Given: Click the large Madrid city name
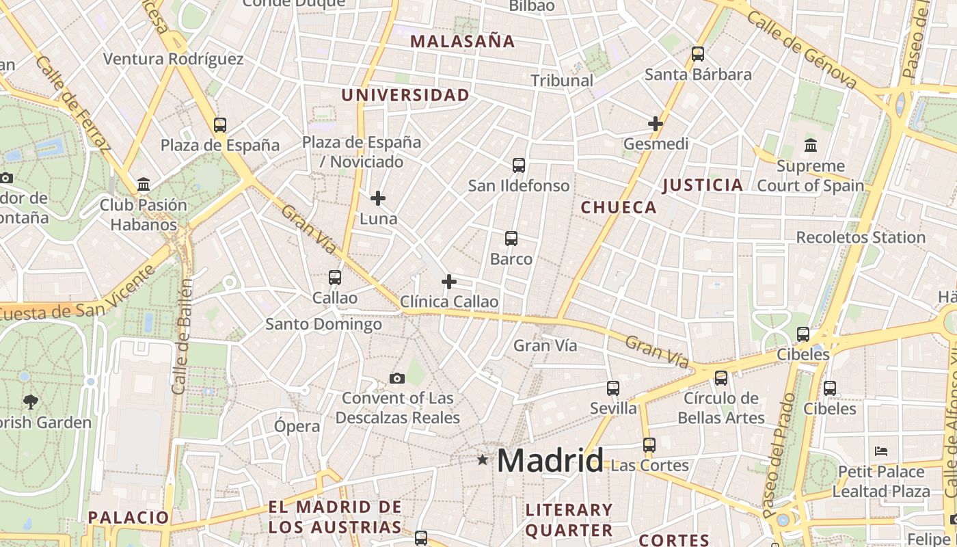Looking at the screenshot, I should click(x=550, y=460).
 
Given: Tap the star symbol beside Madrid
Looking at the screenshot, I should click(x=483, y=460).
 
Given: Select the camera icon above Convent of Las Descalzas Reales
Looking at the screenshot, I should click(x=396, y=378).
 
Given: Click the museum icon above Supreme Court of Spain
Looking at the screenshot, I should click(x=811, y=145).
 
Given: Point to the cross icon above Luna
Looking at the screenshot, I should click(x=378, y=198).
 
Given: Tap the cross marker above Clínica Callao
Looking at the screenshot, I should click(x=449, y=281).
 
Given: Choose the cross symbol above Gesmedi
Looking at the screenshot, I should click(x=656, y=124).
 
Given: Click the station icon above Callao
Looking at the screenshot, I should click(x=335, y=278).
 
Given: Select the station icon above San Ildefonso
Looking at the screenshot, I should click(x=519, y=165).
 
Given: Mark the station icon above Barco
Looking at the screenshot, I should click(x=511, y=239).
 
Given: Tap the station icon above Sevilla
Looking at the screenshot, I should click(x=613, y=388).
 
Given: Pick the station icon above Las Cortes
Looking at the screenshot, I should click(x=649, y=445).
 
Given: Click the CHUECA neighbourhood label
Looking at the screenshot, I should click(x=619, y=207).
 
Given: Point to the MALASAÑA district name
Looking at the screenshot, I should click(x=462, y=41).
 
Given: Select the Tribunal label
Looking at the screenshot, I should click(x=562, y=80).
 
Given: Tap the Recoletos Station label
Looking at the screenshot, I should click(x=861, y=237).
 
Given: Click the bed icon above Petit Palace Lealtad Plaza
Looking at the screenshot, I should click(x=881, y=451).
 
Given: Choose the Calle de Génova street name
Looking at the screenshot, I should click(x=800, y=49).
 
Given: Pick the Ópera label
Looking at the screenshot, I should click(x=297, y=426).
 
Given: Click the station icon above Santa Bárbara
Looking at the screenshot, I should click(x=698, y=54).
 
